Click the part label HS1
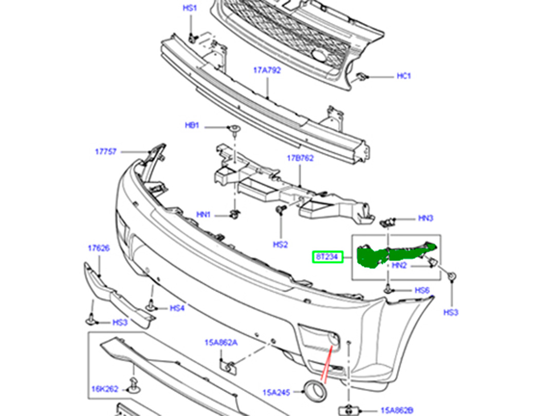[190, 8]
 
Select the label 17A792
[267, 70]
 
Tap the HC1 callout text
[404, 76]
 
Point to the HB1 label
[192, 125]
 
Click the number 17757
[105, 152]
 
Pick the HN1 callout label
[203, 215]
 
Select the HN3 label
[426, 218]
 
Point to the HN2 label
[399, 266]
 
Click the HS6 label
[422, 290]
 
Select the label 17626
[98, 248]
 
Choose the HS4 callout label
[177, 308]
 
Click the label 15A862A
[221, 343]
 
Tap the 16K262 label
[105, 389]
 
